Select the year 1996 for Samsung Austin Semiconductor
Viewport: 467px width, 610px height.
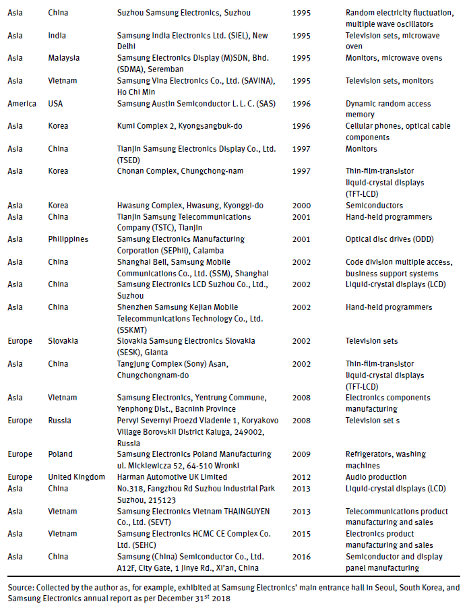click(x=302, y=104)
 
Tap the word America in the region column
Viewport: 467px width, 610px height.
click(x=22, y=104)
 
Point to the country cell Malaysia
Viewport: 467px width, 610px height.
click(x=64, y=58)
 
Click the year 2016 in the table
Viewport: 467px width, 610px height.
click(x=302, y=556)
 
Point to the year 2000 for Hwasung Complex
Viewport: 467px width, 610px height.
click(x=302, y=205)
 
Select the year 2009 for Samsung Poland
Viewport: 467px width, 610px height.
click(x=302, y=454)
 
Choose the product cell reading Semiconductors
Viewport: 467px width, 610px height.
click(x=374, y=205)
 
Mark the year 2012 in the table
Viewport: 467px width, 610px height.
click(x=302, y=477)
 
